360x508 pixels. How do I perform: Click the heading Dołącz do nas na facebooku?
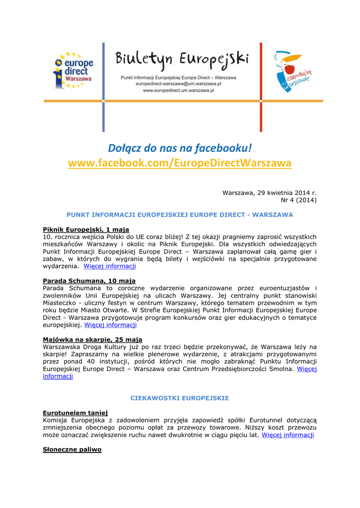click(180, 148)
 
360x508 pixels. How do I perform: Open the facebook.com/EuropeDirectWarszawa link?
click(180, 163)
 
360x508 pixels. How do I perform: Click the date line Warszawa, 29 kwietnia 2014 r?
click(269, 192)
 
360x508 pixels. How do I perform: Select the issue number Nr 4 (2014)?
click(298, 200)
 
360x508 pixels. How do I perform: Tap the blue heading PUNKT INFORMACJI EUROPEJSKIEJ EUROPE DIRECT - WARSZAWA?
click(180, 215)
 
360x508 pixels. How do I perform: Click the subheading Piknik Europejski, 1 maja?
click(86, 229)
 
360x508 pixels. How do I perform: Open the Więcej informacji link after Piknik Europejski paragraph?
click(110, 266)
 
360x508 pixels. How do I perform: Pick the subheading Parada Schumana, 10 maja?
click(89, 281)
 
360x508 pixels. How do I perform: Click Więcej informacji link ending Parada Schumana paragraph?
click(110, 325)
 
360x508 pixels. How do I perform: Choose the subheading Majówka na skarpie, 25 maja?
click(92, 339)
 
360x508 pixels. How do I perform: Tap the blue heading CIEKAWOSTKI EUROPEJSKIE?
click(180, 398)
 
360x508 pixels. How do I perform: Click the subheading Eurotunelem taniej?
click(75, 413)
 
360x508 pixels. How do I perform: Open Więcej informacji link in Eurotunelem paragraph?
click(288, 435)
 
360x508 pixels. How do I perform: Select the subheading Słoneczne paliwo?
click(72, 449)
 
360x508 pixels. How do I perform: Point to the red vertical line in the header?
click(261, 87)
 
